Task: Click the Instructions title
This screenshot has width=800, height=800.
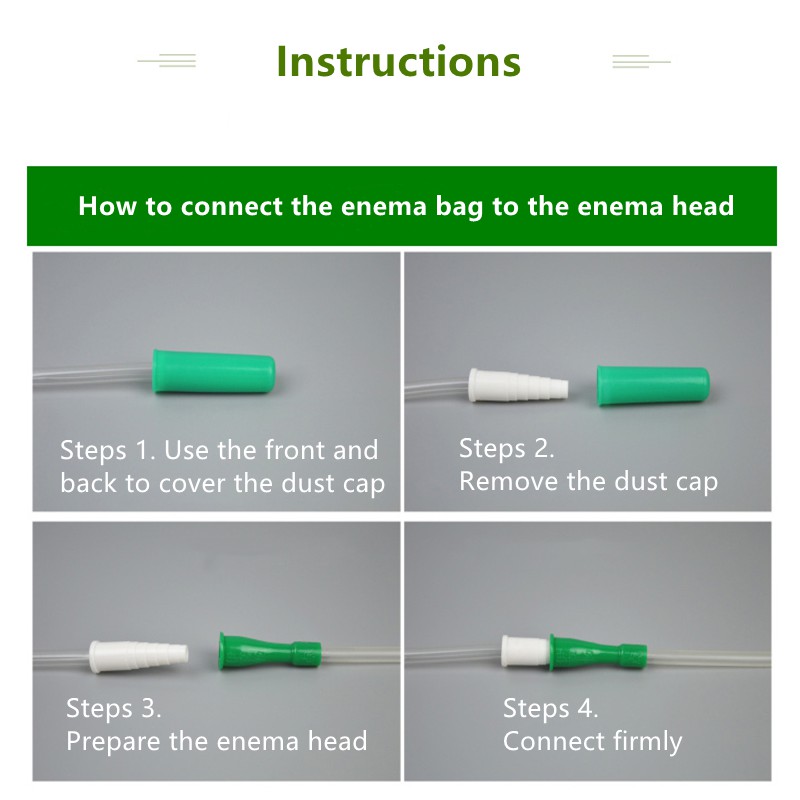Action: click(x=398, y=62)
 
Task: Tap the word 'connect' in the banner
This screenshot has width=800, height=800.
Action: click(x=231, y=207)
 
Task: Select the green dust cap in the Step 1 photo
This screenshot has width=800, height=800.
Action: click(x=214, y=371)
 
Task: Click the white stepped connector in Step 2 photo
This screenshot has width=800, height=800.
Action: click(x=518, y=385)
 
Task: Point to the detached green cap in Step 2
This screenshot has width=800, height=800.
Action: click(x=653, y=385)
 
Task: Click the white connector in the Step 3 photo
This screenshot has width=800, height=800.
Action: click(x=139, y=656)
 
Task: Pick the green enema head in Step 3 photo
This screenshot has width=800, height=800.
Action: click(x=270, y=650)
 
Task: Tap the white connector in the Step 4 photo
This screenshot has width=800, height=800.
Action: click(x=527, y=651)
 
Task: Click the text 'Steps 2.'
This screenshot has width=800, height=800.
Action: click(x=506, y=449)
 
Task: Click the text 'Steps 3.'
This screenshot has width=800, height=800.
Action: click(x=113, y=709)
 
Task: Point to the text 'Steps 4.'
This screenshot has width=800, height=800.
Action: click(x=550, y=709)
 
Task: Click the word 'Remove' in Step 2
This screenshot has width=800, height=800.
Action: click(x=508, y=482)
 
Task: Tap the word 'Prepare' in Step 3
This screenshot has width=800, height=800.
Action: click(x=113, y=742)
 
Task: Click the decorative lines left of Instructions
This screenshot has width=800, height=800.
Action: click(x=167, y=61)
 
